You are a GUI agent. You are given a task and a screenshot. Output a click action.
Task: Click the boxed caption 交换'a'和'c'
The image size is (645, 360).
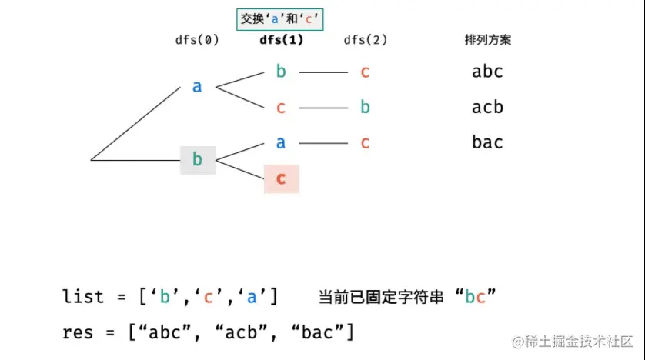(x=279, y=18)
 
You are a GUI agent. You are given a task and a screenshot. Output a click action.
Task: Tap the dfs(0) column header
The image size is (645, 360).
(x=198, y=40)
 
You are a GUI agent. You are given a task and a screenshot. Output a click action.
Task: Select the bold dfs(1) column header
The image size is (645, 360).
(x=280, y=40)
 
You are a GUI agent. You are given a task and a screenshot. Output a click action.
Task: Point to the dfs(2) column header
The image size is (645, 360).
(x=366, y=40)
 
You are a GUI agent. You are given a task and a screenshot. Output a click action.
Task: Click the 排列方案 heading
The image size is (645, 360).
(x=488, y=40)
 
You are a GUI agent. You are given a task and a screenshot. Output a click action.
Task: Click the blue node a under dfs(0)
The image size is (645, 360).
(x=197, y=86)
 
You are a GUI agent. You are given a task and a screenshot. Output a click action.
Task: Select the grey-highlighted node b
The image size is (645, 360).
(x=197, y=159)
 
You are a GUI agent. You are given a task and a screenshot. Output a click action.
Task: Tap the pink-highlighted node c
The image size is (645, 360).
(x=281, y=178)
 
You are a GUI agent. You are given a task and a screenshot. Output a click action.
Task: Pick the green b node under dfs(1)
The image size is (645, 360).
(x=281, y=72)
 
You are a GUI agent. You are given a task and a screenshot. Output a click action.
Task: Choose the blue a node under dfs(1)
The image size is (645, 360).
(x=281, y=142)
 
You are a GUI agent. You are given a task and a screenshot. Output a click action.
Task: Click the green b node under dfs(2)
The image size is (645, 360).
(x=366, y=107)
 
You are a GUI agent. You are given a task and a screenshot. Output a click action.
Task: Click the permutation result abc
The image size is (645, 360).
(x=487, y=72)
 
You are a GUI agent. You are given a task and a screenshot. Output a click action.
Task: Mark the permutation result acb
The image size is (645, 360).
(x=487, y=107)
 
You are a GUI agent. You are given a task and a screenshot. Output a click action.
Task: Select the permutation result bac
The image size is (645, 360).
(x=487, y=142)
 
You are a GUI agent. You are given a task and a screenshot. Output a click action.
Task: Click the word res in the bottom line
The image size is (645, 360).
(x=78, y=332)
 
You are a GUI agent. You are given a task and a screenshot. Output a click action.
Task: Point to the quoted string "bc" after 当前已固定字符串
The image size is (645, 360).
(x=475, y=296)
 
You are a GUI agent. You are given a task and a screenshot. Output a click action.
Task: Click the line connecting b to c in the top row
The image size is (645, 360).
(x=323, y=72)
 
